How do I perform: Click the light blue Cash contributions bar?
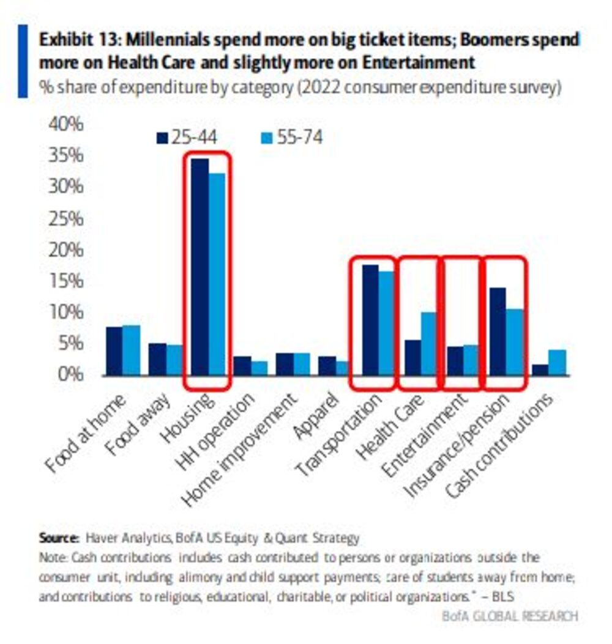click(x=557, y=362)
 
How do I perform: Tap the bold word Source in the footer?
click(x=59, y=539)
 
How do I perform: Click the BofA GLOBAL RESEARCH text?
click(x=509, y=616)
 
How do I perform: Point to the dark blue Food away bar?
click(x=157, y=359)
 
